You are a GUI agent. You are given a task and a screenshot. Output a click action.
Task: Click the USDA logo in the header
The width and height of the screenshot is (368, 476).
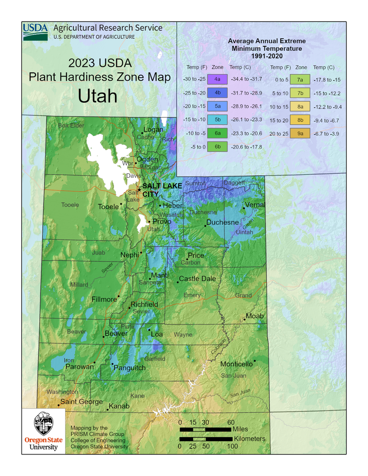[x=35, y=32]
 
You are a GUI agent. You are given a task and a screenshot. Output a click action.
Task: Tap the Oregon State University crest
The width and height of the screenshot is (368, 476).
[x=41, y=423]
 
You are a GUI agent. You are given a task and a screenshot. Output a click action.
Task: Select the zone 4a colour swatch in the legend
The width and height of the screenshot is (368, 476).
[x=218, y=78]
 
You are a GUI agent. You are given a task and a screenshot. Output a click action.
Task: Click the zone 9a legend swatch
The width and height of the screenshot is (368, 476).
[x=300, y=134]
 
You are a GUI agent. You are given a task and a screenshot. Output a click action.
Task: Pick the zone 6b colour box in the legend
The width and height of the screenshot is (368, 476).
[x=218, y=147]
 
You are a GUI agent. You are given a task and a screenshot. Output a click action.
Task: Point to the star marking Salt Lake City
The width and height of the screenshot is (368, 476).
[x=139, y=190]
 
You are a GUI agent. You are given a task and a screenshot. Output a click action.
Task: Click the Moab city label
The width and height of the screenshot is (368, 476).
[x=255, y=316]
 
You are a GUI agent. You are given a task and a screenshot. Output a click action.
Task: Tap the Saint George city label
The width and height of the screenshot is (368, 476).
[x=81, y=401]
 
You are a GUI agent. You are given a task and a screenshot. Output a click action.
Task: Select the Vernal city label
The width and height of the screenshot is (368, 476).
[x=255, y=205]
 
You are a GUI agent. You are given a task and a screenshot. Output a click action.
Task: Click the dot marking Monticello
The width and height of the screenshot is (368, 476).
[x=255, y=361]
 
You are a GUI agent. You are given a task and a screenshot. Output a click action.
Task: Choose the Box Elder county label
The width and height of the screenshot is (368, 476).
[x=71, y=125]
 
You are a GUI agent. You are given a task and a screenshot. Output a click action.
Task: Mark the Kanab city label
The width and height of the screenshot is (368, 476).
[x=119, y=407]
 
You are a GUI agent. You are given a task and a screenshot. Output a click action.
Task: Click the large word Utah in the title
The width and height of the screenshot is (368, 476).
[x=98, y=96]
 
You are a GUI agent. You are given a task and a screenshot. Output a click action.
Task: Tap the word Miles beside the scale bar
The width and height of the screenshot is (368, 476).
[x=240, y=429]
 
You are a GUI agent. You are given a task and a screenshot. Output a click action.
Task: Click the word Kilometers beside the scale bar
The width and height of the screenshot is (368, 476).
[x=249, y=438]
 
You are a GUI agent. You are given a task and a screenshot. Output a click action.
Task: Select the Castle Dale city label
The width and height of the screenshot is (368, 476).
[x=197, y=279]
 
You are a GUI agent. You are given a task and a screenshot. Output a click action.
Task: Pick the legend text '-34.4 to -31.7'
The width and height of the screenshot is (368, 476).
[x=246, y=78]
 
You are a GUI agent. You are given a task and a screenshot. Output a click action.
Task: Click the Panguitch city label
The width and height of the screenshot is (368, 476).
[x=130, y=368]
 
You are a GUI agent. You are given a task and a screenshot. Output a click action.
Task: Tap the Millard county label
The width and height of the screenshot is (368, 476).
[x=79, y=284]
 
